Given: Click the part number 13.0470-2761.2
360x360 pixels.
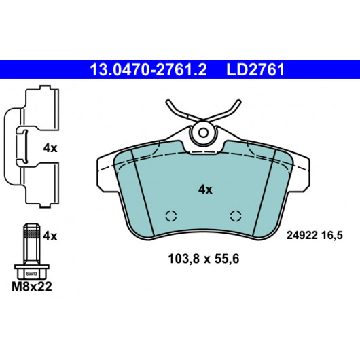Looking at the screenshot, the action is coord(148,70).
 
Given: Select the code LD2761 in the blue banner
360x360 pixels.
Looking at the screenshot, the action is coord(255,70).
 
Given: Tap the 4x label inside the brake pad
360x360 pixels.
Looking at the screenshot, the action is coord(205,190).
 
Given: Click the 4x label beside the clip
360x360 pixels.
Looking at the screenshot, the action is coord(50,148).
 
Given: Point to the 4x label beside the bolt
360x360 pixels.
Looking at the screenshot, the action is coord(50,236).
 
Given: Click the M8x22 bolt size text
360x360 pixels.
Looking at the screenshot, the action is coord(32,287).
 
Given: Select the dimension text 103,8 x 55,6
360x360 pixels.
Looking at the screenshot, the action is coord(204,259).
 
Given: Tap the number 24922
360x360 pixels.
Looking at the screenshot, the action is coord(302,236).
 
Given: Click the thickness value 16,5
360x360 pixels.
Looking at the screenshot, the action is coord(332,236).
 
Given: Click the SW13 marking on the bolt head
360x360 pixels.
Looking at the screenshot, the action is coord(31,274).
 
